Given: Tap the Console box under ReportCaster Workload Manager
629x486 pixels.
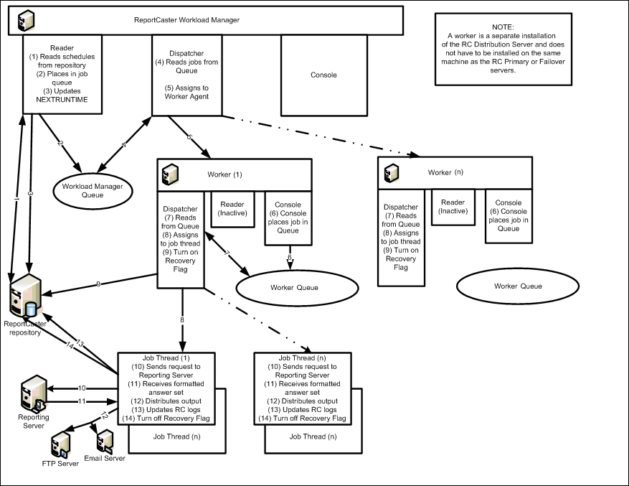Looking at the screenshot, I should pyautogui.click(x=323, y=75).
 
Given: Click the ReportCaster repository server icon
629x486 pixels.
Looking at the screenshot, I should pyautogui.click(x=24, y=297).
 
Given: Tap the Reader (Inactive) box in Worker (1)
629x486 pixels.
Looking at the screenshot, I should pyautogui.click(x=232, y=208).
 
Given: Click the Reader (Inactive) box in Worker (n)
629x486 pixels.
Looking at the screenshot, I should pyautogui.click(x=453, y=207).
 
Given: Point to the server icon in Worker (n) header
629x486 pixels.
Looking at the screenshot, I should pyautogui.click(x=392, y=173).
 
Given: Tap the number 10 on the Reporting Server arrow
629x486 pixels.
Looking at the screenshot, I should pyautogui.click(x=82, y=388).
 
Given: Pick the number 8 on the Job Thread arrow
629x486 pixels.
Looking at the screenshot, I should pyautogui.click(x=182, y=319).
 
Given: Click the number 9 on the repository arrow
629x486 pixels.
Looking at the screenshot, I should pyautogui.click(x=99, y=285).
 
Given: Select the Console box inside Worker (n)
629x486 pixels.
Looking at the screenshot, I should pyautogui.click(x=508, y=215).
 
